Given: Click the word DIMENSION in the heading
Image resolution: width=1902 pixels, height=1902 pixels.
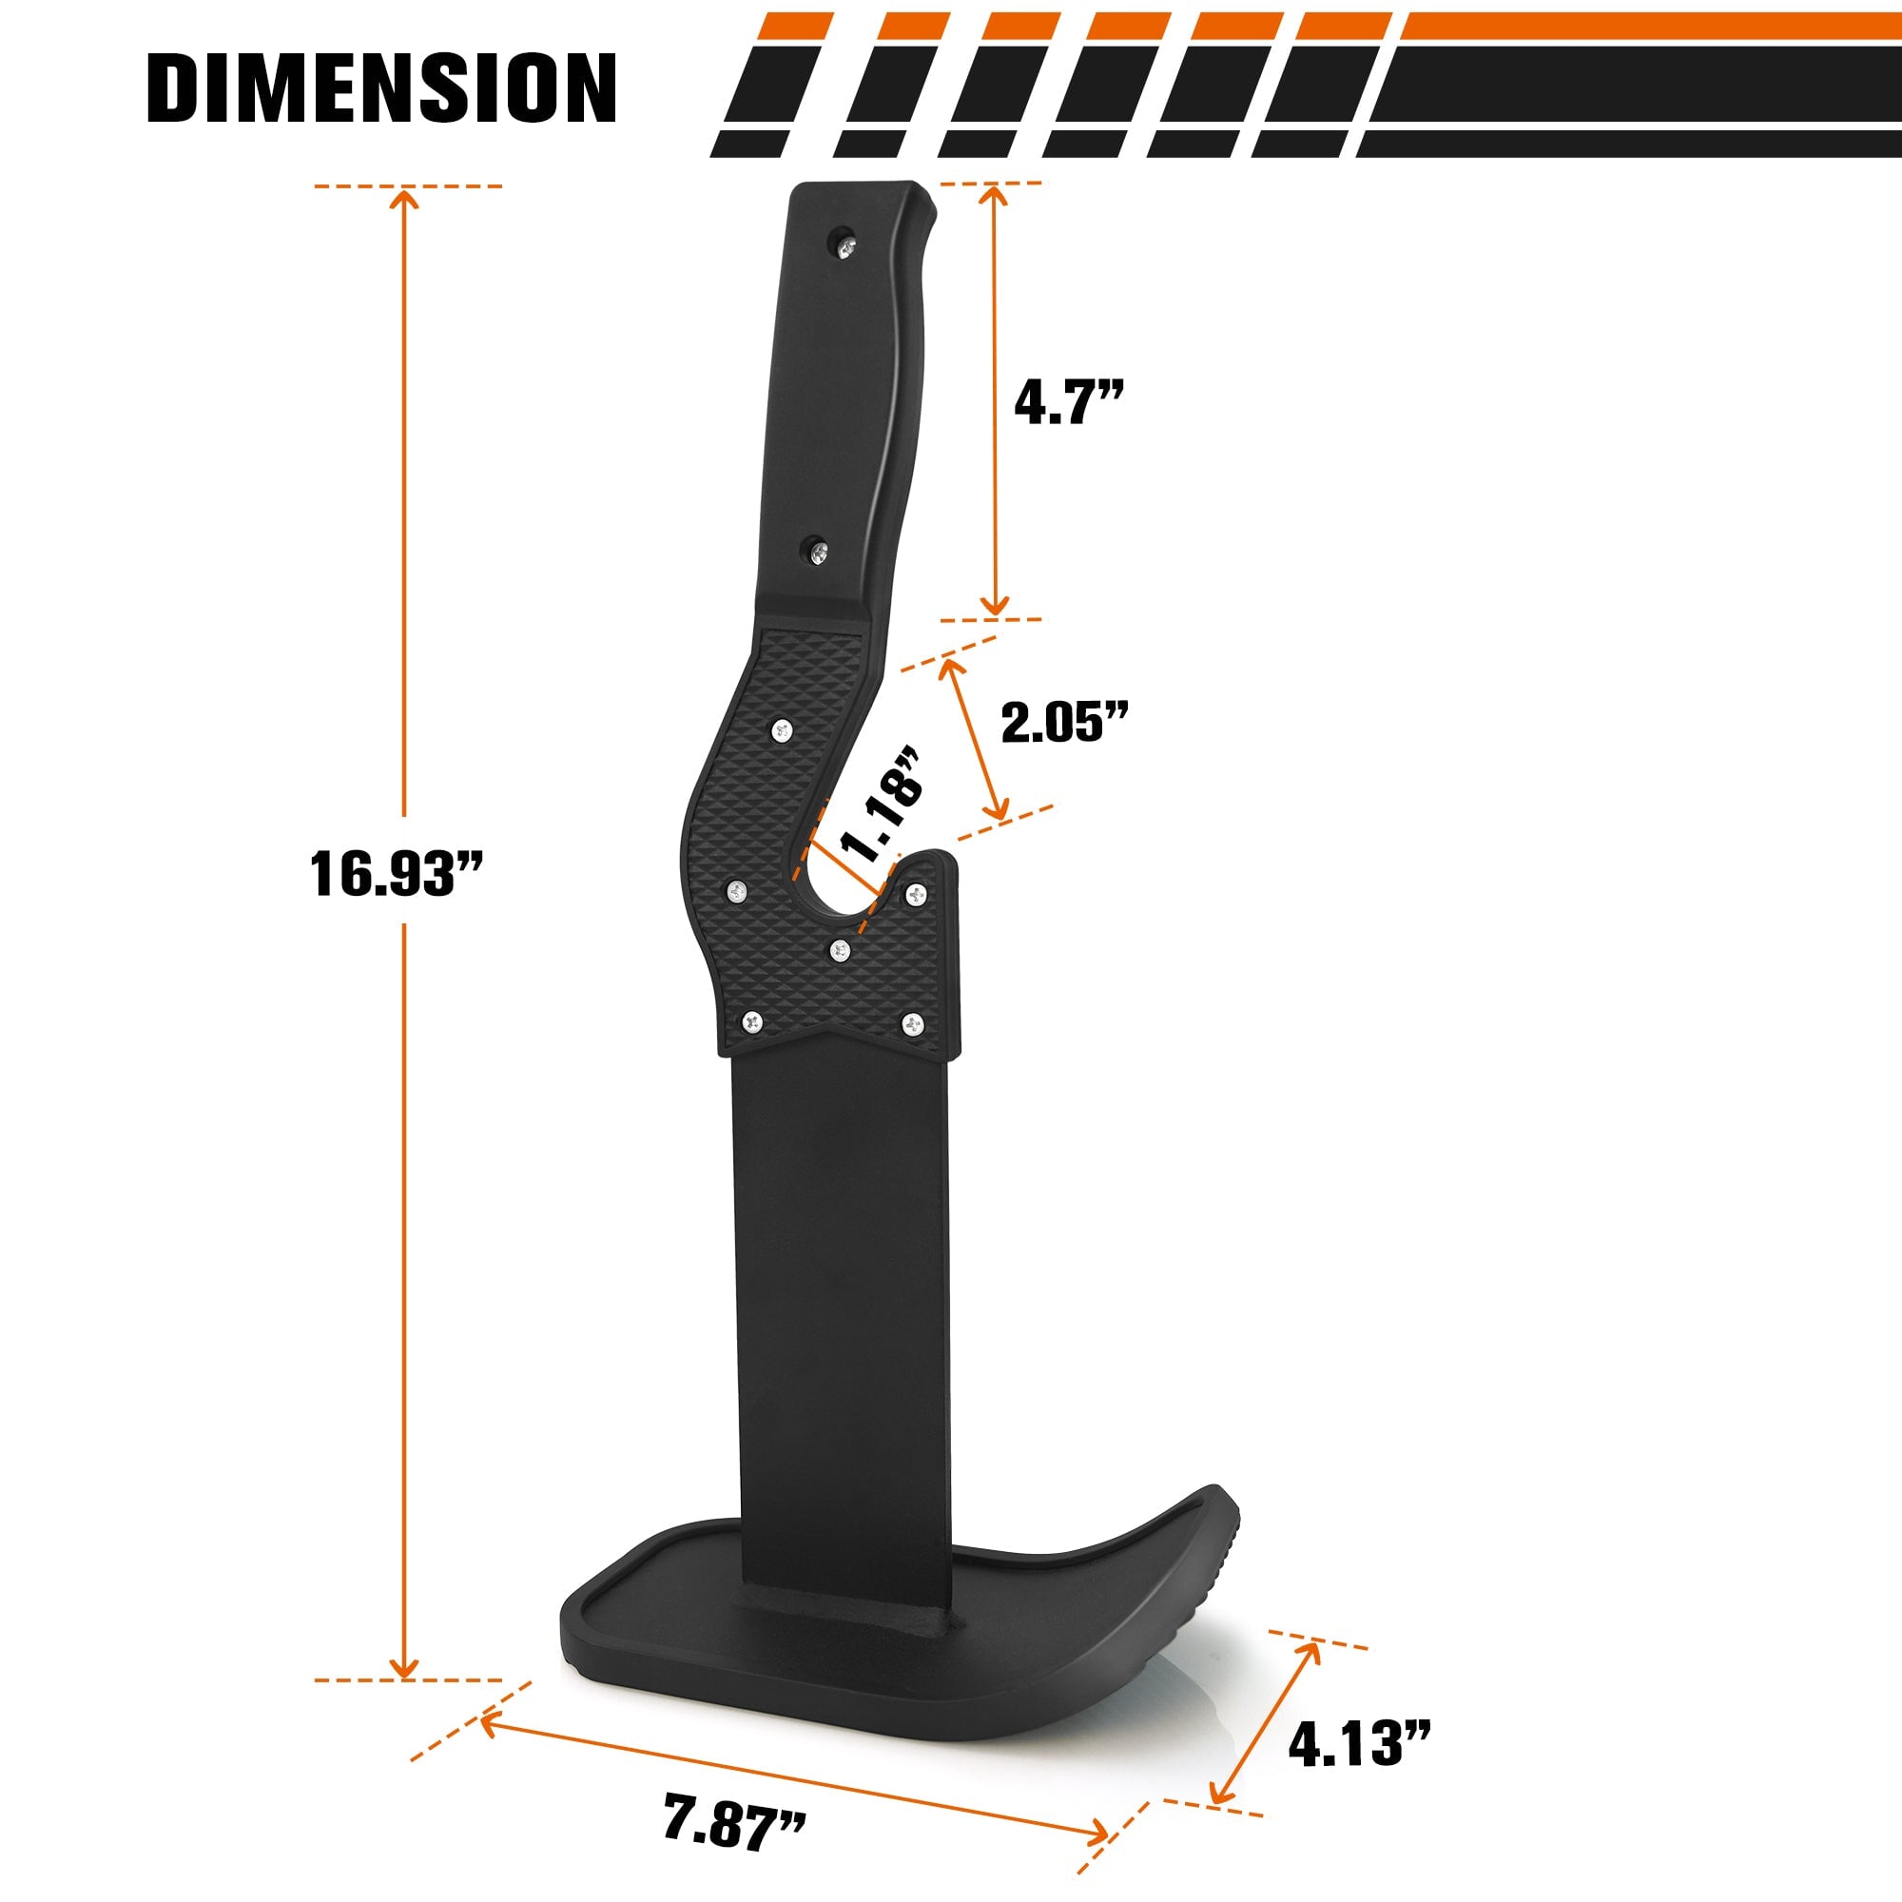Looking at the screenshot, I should (x=382, y=88).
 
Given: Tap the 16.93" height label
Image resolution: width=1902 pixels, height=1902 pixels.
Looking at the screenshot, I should (x=396, y=873).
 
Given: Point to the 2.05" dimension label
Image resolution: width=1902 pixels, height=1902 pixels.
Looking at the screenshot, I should (x=1064, y=723).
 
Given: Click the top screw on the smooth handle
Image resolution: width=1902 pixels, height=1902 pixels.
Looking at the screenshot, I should (x=844, y=245).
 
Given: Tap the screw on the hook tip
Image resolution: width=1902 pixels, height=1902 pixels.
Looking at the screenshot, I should (x=917, y=894).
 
